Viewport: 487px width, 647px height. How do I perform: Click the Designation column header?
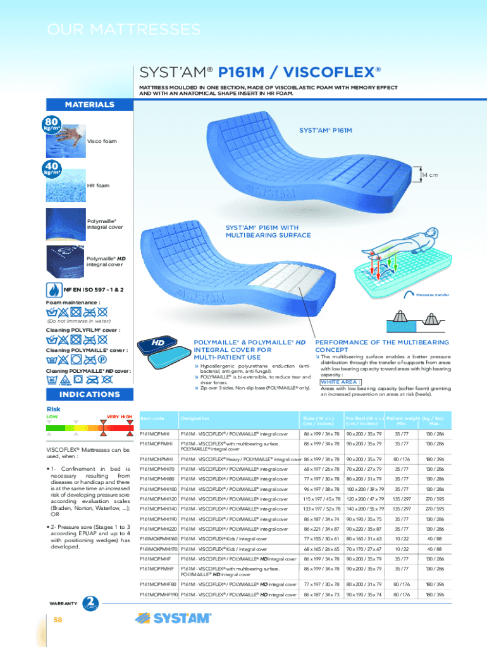coord(195,418)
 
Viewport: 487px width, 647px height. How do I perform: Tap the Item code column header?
coord(152,418)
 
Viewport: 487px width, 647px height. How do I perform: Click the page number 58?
coord(58,620)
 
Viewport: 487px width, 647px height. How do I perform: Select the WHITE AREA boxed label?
coord(341,382)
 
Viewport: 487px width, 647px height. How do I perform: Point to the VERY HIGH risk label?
coord(119,416)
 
